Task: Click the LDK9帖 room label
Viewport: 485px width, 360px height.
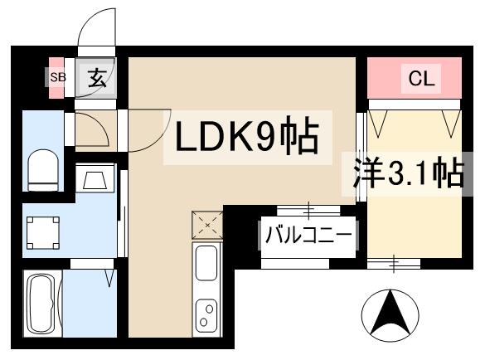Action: (245, 136)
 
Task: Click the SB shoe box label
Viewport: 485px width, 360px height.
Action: (56, 77)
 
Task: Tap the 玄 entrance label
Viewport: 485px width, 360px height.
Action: (97, 79)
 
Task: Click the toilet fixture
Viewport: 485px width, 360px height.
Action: (42, 169)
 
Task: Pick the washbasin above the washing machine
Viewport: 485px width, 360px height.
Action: (94, 179)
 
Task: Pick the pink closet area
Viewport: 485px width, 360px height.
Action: (414, 79)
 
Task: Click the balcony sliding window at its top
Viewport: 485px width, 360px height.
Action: (308, 207)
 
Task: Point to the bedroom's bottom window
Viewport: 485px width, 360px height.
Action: (395, 264)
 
